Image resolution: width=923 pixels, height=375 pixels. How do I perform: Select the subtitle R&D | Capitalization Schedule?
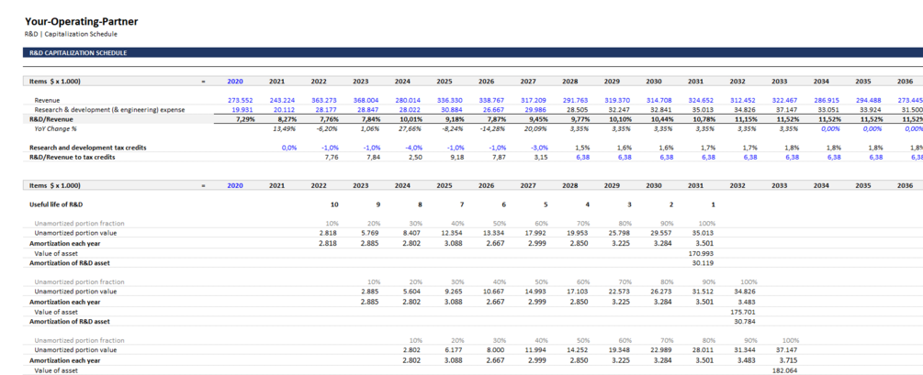pos(71,34)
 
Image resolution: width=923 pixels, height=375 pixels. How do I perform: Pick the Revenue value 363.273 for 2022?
pos(323,100)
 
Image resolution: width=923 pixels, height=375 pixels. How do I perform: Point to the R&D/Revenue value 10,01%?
pos(409,119)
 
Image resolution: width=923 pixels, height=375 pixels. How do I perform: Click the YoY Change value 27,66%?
pos(409,128)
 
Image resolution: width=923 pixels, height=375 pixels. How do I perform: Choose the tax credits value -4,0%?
pos(411,148)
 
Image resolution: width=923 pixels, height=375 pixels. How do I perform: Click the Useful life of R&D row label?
pos(62,204)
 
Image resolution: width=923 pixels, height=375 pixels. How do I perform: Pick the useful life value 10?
pos(333,204)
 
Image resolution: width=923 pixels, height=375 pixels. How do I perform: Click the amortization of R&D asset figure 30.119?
pos(703,262)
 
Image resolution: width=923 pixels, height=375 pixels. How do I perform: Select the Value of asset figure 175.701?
pos(742,312)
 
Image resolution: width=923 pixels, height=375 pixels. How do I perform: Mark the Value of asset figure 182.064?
pos(783,369)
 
